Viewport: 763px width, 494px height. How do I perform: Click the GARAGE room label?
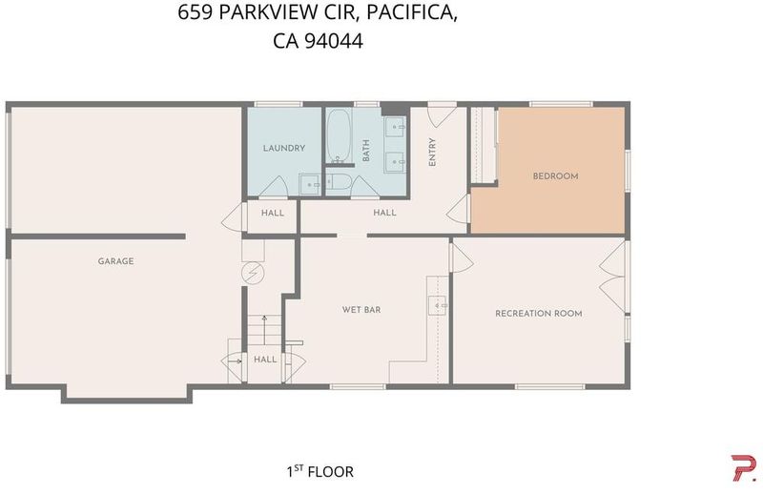click(115, 261)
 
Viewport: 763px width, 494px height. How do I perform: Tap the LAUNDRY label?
click(284, 148)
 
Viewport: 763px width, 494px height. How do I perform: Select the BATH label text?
click(366, 151)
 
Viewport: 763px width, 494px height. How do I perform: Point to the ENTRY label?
click(432, 153)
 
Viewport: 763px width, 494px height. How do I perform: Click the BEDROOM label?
click(556, 176)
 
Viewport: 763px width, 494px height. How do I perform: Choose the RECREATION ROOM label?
click(539, 314)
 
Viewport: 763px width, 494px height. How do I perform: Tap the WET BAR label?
click(361, 310)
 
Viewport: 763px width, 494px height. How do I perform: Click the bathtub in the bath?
click(339, 136)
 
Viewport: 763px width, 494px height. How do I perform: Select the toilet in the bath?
click(339, 182)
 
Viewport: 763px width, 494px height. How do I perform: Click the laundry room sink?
click(310, 184)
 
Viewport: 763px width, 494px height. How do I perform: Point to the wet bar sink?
click(438, 305)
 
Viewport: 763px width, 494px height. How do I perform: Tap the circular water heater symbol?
click(253, 273)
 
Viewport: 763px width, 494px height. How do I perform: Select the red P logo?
click(744, 467)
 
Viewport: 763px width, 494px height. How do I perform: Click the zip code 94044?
click(333, 41)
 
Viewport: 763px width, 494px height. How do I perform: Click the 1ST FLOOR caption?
click(320, 471)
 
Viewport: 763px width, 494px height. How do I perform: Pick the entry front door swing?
click(442, 116)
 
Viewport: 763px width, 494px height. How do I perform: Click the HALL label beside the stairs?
click(265, 360)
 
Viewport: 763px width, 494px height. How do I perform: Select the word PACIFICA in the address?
click(412, 13)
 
